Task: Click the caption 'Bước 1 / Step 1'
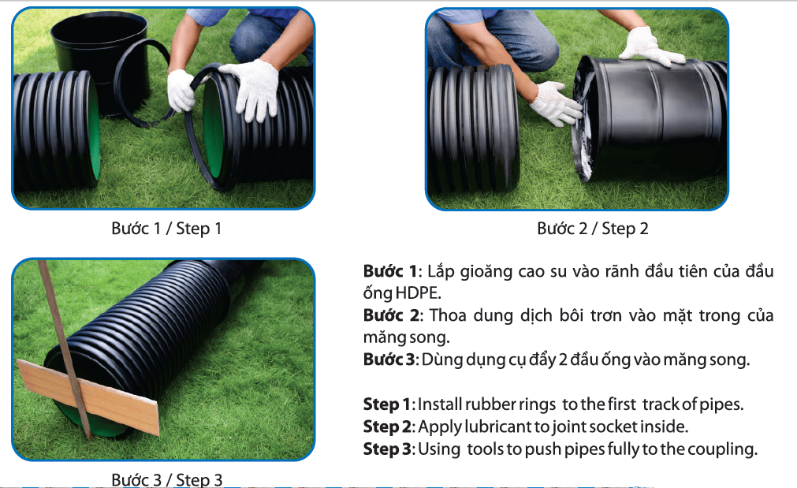coord(166,229)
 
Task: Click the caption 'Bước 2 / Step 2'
coord(593,229)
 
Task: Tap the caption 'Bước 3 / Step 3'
coord(166,479)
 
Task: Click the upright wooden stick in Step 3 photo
coord(65,351)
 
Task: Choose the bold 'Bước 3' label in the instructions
coord(390,359)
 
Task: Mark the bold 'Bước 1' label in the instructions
coord(390,271)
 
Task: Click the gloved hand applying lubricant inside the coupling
coord(556,104)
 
